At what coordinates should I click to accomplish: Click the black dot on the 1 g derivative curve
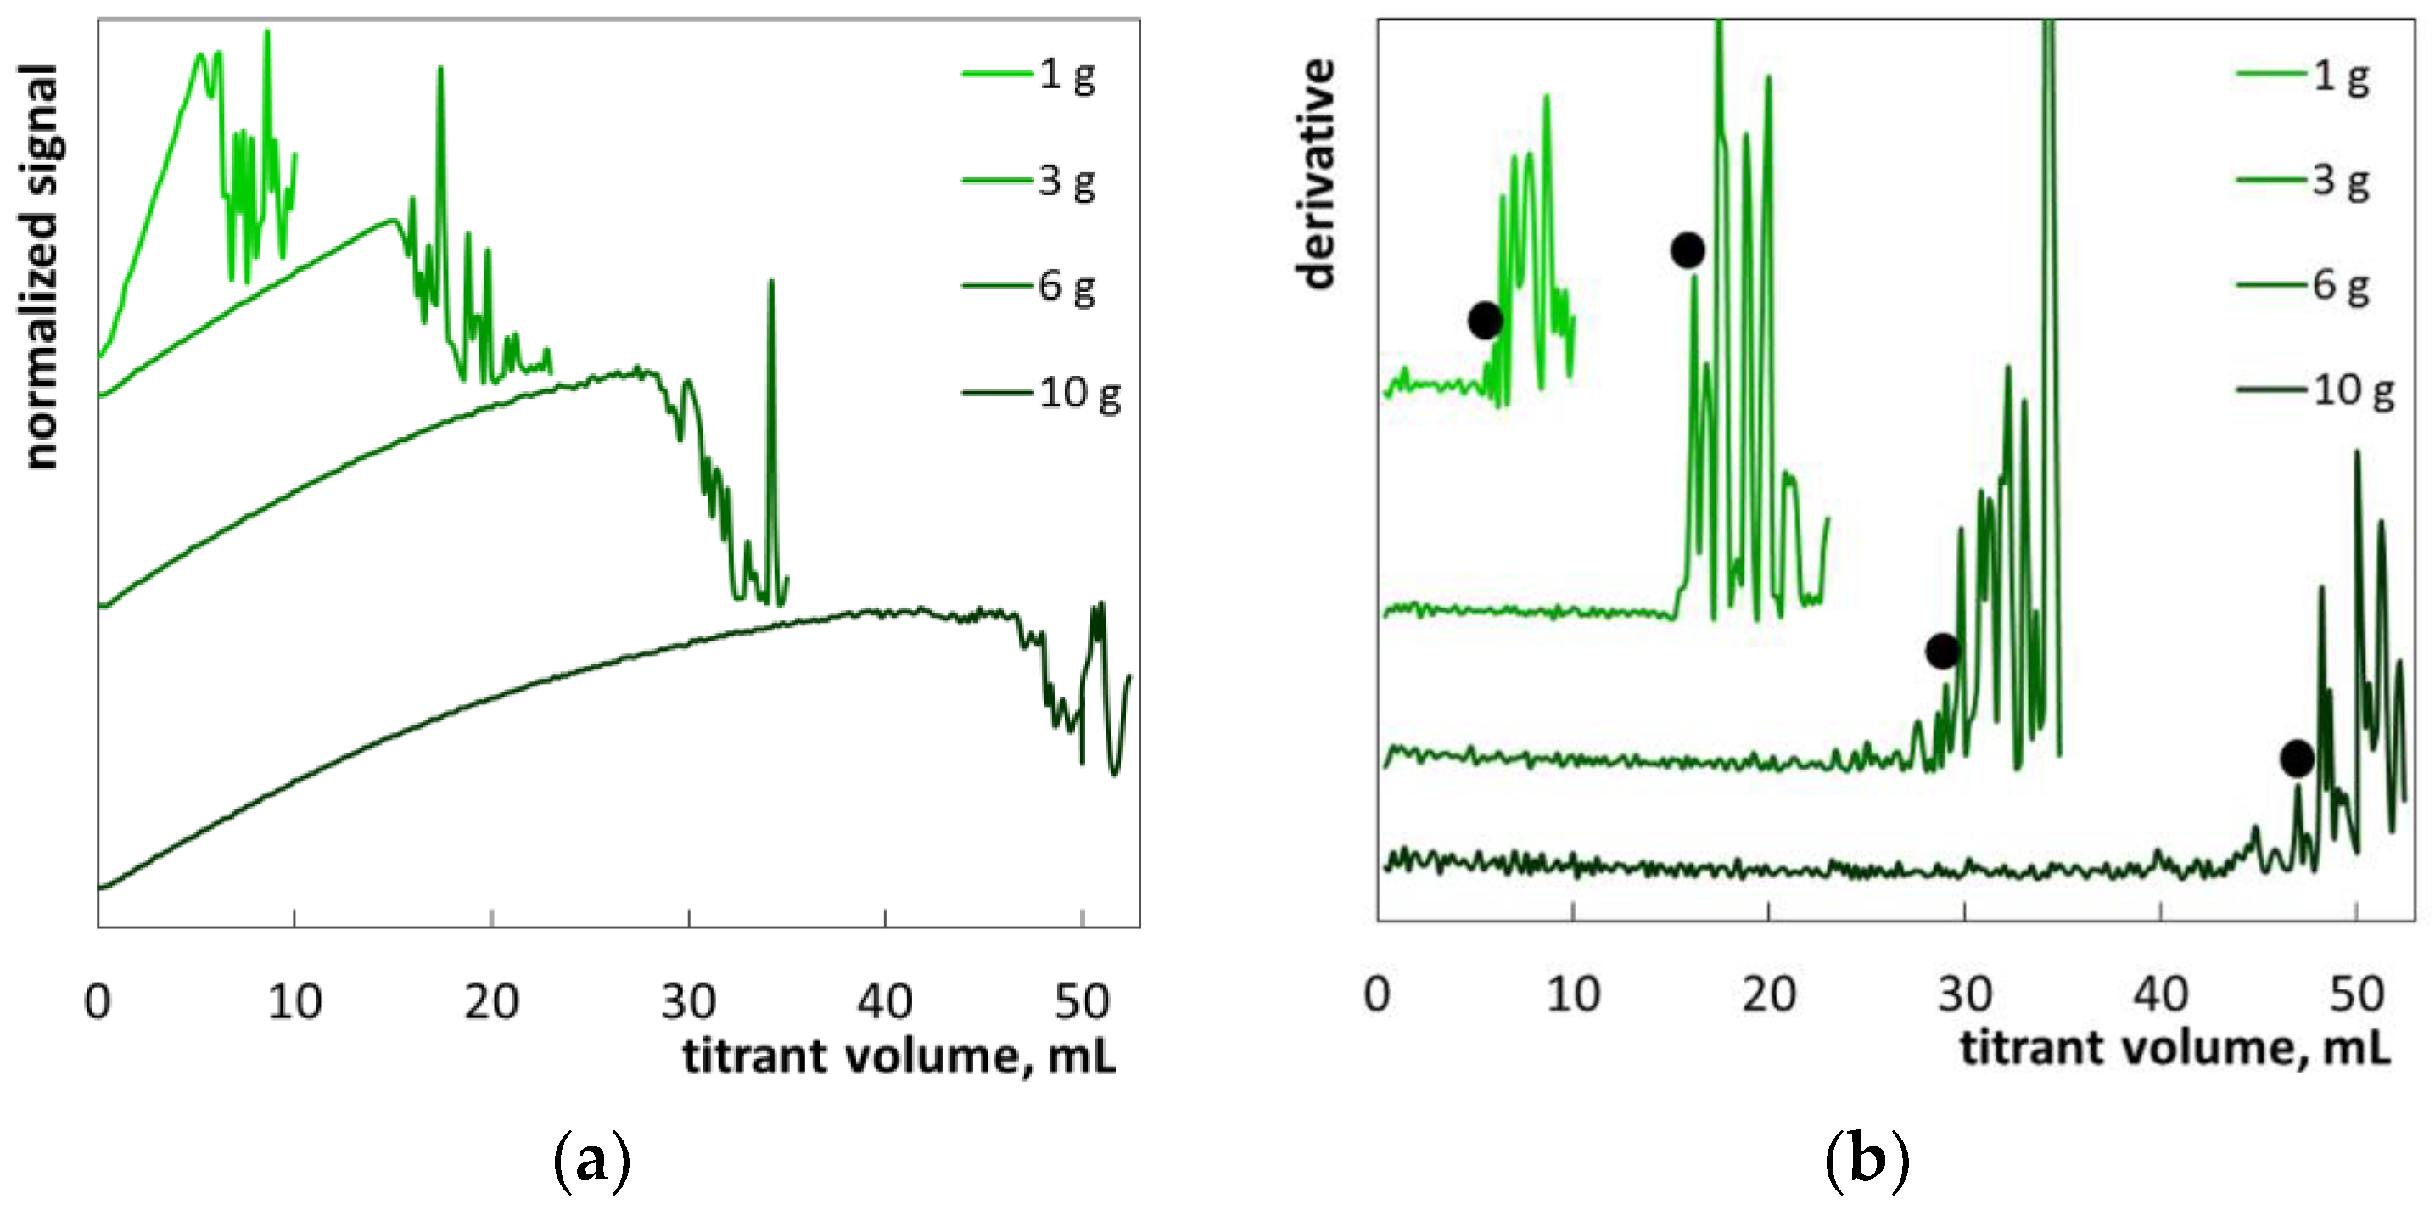(x=1485, y=321)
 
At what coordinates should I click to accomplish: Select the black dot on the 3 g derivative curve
(x=1688, y=250)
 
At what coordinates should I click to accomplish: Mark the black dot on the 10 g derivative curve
(x=2297, y=758)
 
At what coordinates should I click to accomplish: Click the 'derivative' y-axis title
(x=1316, y=174)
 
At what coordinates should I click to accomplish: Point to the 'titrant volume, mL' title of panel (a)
(x=898, y=1056)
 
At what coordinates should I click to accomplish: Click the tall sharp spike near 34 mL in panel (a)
(x=771, y=283)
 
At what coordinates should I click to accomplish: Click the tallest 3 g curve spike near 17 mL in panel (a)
(x=440, y=71)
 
